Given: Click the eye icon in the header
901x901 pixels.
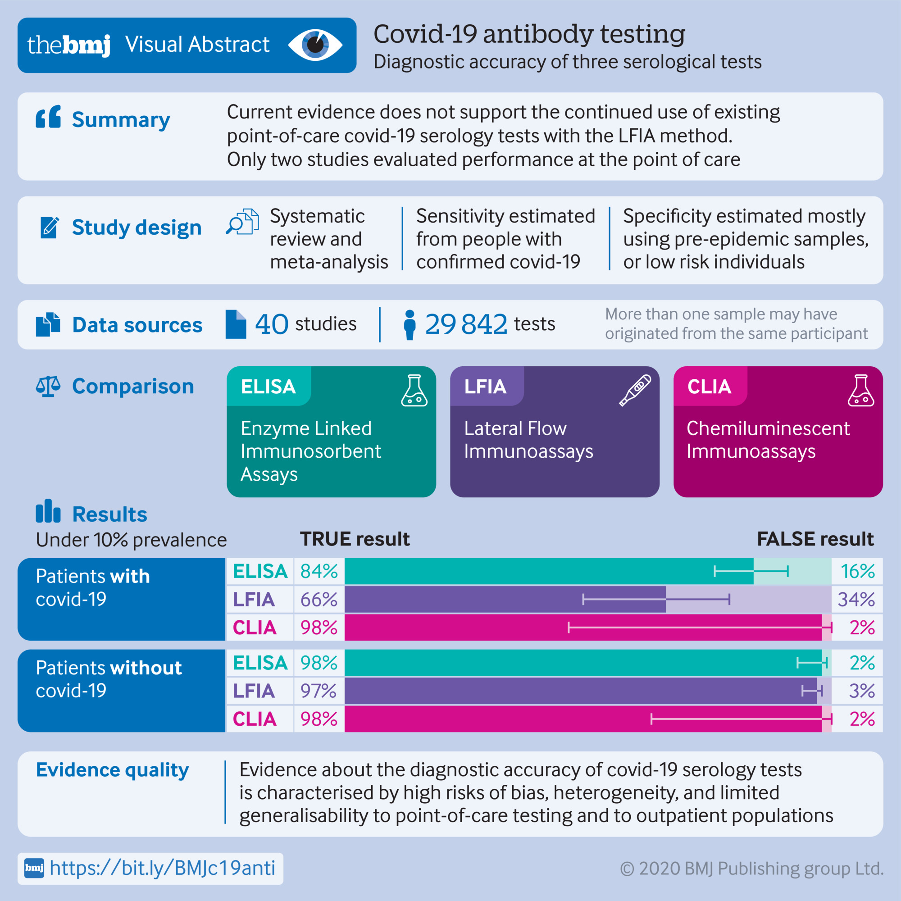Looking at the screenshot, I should pos(315,45).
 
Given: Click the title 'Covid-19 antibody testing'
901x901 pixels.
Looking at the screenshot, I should pos(529,34).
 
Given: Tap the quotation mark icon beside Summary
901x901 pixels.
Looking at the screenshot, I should pos(49,117).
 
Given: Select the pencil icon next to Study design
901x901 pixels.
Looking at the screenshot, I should pos(50,227).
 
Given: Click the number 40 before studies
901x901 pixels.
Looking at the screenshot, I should pos(271,324).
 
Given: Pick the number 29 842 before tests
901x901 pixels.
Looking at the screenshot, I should pos(466,324).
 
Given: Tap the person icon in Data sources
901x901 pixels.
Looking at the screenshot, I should pos(410,325).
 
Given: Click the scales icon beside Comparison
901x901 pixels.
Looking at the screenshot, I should pos(49,387).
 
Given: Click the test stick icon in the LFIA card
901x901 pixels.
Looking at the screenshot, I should pos(635,390).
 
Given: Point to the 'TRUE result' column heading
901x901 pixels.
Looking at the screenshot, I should pos(355,539).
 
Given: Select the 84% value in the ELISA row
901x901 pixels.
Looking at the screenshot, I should pos(319,571).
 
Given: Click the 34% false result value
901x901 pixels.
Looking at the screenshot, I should pos(856,599).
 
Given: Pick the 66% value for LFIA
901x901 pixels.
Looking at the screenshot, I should pos(319,599).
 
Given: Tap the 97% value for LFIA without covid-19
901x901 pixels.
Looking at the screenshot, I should pos(319,691).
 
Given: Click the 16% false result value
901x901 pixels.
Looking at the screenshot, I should pos(857,571).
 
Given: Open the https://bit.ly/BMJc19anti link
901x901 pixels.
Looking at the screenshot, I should pos(162,869).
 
